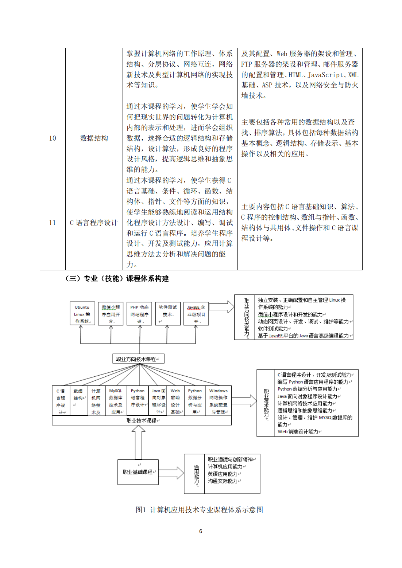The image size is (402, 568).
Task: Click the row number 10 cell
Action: pyautogui.click(x=53, y=138)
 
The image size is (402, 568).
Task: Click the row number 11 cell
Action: pyautogui.click(x=53, y=223)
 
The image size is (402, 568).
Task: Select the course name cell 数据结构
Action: pyautogui.click(x=94, y=138)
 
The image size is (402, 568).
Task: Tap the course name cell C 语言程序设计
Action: pyautogui.click(x=94, y=223)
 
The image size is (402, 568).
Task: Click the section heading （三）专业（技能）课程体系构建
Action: pyautogui.click(x=117, y=279)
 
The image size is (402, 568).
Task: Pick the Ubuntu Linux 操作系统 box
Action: pyautogui.click(x=82, y=313)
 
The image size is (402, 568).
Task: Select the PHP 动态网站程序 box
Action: pyautogui.click(x=139, y=313)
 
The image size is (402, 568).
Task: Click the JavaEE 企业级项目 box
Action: pyautogui.click(x=196, y=313)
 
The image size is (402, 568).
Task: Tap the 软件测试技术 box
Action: pyautogui.click(x=167, y=313)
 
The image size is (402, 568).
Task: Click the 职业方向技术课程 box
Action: pyautogui.click(x=138, y=359)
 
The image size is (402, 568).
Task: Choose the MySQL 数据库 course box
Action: pyautogui.click(x=116, y=401)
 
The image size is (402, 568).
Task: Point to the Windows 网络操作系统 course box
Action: pyautogui.click(x=219, y=401)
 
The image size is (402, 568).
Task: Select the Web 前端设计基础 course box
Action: pyautogui.click(x=175, y=401)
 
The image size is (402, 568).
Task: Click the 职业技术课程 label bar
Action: pyautogui.click(x=142, y=420)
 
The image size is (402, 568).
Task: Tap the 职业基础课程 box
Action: pyautogui.click(x=138, y=472)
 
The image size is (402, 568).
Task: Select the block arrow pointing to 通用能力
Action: pyautogui.click(x=171, y=473)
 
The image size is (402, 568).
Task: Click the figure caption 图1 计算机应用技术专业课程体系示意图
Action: pyautogui.click(x=199, y=510)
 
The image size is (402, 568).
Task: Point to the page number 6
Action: pyautogui.click(x=201, y=531)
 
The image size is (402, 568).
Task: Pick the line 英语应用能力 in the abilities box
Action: pyautogui.click(x=223, y=474)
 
